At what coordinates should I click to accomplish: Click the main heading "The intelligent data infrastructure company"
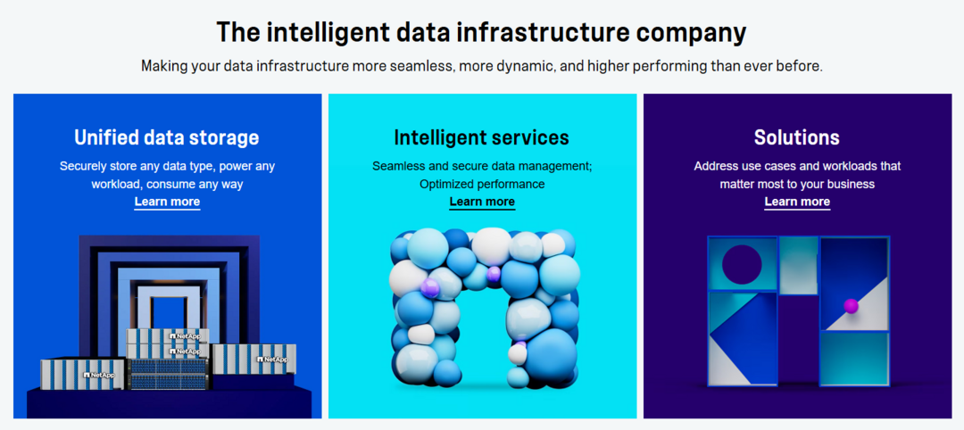point(481,32)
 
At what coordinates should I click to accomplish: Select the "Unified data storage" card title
point(167,137)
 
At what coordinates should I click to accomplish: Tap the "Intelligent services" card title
point(481,137)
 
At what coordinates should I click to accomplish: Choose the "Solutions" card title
point(797,137)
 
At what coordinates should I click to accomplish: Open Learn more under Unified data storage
point(167,202)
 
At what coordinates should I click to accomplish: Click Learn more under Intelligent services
point(482,202)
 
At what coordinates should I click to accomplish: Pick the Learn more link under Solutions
point(797,202)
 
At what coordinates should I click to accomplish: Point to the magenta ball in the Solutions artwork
point(851,305)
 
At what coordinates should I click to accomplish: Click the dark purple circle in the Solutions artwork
point(742,265)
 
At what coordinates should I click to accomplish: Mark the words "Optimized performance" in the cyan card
point(482,184)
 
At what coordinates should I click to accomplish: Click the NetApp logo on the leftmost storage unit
point(98,374)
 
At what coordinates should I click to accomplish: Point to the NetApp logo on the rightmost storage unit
point(272,359)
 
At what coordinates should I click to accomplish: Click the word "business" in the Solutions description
point(852,184)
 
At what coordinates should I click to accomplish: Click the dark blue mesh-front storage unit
point(167,373)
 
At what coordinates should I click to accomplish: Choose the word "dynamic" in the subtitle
point(521,66)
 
